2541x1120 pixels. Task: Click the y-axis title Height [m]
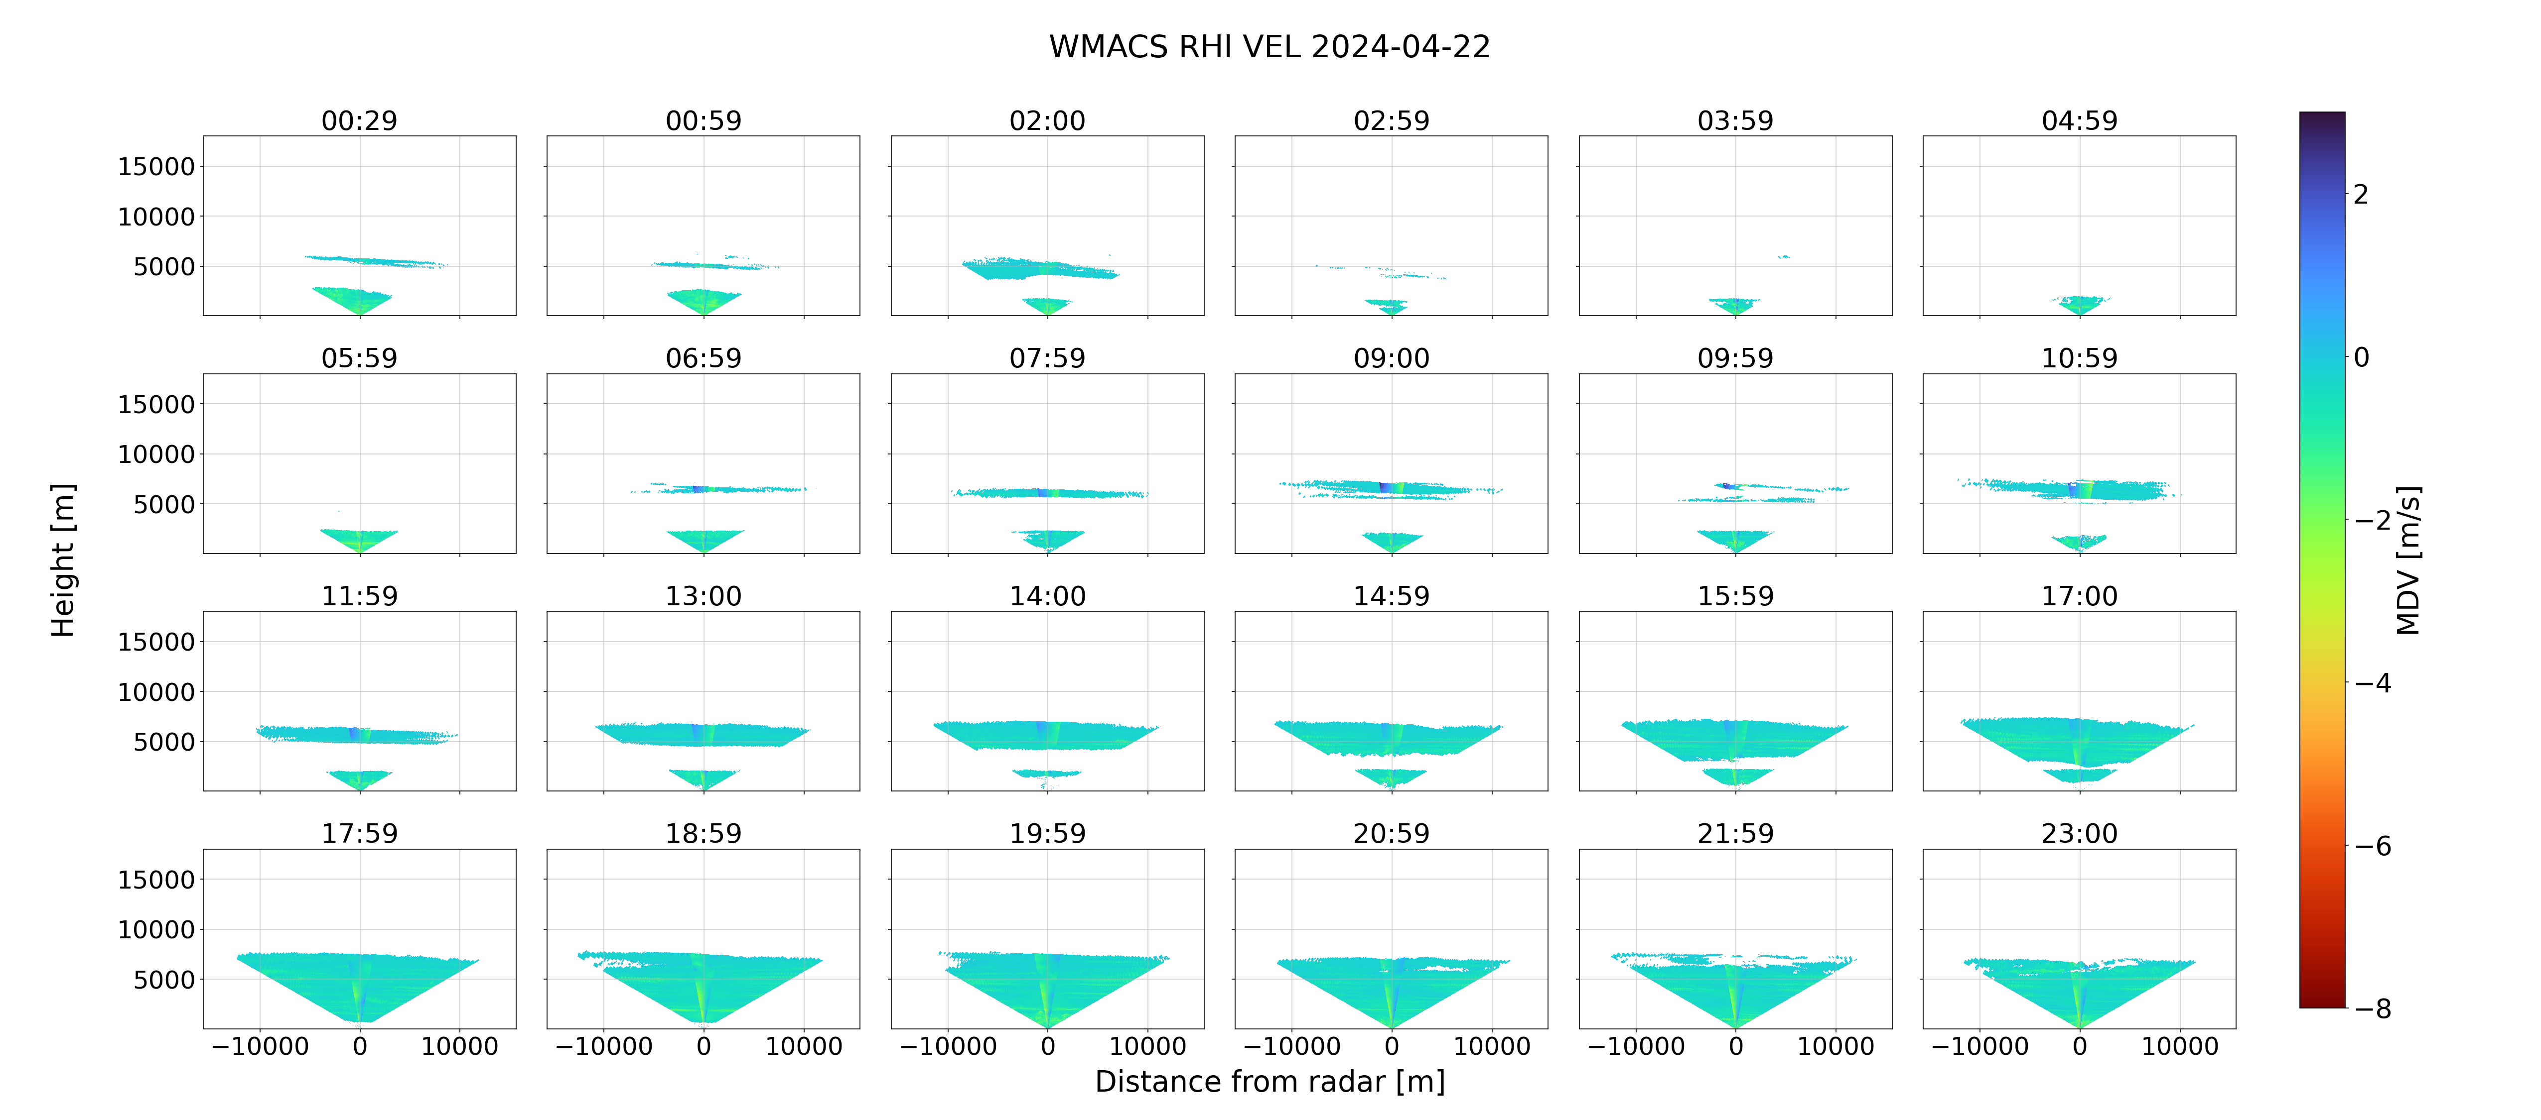[62, 560]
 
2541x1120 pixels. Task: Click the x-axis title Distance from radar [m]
[1270, 1082]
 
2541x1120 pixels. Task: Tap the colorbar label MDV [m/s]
[2408, 560]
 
